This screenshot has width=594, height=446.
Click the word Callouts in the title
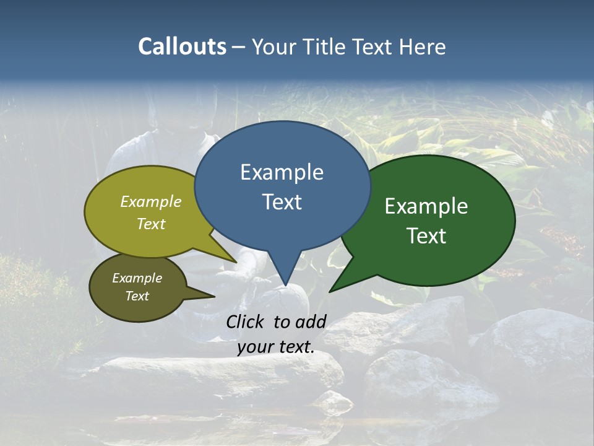click(x=183, y=46)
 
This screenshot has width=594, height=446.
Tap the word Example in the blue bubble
click(x=282, y=172)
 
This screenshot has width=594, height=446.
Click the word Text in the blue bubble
click(x=282, y=202)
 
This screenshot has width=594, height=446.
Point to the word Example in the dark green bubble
click(x=426, y=206)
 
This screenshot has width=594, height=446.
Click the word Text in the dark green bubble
click(x=426, y=236)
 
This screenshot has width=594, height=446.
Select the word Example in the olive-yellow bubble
click(x=151, y=202)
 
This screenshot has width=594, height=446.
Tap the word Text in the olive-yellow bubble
click(x=151, y=224)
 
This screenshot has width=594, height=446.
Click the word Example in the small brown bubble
click(x=137, y=278)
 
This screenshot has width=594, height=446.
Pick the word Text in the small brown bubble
click(x=137, y=296)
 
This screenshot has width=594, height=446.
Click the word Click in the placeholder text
click(x=246, y=321)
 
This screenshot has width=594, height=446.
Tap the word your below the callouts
click(x=255, y=347)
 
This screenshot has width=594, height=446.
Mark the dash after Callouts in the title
click(x=239, y=46)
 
